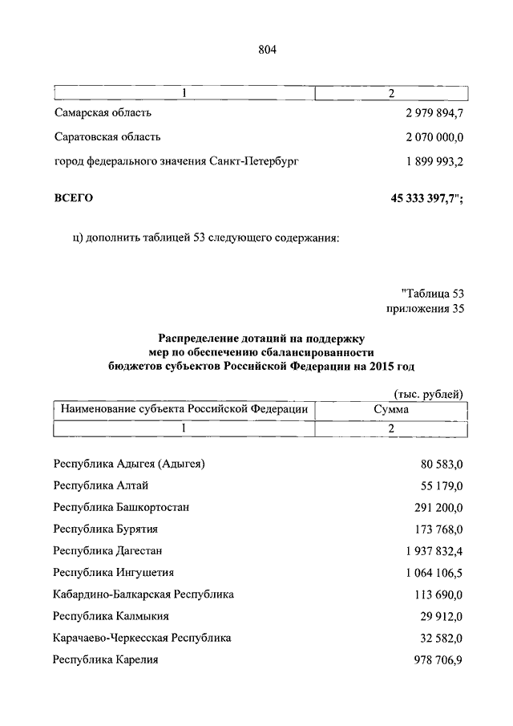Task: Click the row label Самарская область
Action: [x=103, y=113]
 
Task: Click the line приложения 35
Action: [x=425, y=308]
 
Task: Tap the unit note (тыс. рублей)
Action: [x=429, y=393]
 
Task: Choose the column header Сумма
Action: [x=391, y=410]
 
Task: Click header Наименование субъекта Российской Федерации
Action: [x=184, y=410]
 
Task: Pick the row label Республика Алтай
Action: [x=101, y=485]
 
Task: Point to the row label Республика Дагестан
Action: [x=108, y=551]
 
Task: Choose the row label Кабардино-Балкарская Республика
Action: [x=143, y=594]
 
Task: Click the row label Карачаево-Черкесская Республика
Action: [x=143, y=638]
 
